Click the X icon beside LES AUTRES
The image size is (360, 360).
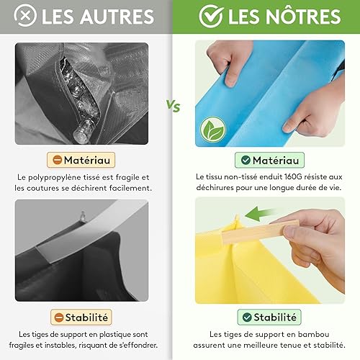(25, 16)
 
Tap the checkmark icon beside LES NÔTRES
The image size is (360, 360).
(211, 16)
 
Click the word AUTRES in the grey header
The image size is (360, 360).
(117, 17)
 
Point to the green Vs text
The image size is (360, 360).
(174, 106)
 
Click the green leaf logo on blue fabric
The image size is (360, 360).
(213, 130)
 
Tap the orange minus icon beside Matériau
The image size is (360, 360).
(57, 160)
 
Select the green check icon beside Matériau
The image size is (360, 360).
(246, 160)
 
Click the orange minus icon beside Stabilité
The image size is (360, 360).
(59, 318)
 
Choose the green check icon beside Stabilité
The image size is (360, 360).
(247, 317)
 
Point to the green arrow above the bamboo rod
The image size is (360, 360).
(258, 214)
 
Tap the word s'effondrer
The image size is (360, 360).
(138, 345)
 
